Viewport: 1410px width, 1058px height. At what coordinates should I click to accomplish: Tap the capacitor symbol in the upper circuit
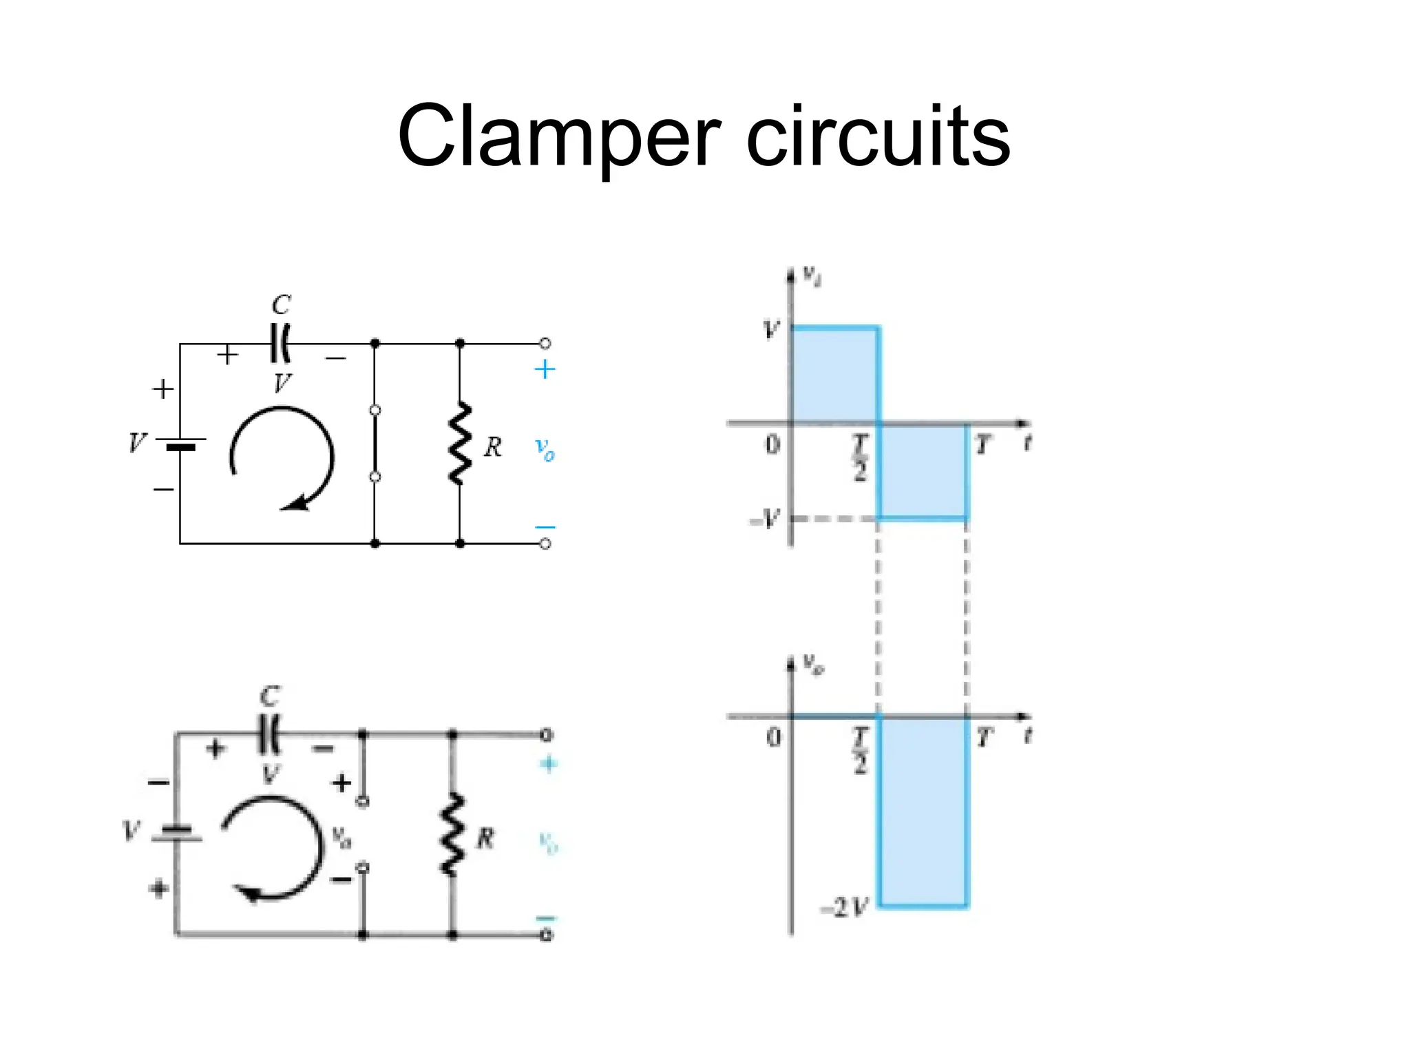pos(280,343)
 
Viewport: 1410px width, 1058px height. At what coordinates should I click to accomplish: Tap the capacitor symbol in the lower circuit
pos(270,735)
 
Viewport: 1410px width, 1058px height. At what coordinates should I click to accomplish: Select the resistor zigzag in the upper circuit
pos(460,444)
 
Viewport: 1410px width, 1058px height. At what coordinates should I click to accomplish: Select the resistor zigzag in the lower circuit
pos(452,835)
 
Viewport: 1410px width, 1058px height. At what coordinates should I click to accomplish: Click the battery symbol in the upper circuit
pos(180,443)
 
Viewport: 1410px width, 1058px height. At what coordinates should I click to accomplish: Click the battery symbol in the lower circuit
pos(176,833)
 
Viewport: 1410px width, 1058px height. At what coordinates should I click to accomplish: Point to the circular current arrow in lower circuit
pos(272,847)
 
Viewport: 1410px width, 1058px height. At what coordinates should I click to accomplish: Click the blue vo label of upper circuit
pos(545,450)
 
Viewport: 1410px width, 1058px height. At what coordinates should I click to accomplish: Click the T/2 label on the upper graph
pos(861,457)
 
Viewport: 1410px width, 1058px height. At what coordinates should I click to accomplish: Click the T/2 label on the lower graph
pos(861,751)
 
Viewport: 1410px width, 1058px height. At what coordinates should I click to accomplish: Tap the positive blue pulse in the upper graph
pos(835,375)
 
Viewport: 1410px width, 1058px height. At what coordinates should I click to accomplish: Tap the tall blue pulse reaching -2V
pos(923,813)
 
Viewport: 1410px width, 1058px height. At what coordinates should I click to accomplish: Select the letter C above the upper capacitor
pos(281,304)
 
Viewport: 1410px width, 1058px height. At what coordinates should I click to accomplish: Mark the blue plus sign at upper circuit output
pos(545,370)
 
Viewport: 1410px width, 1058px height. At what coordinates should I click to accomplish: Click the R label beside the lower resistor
pos(485,839)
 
